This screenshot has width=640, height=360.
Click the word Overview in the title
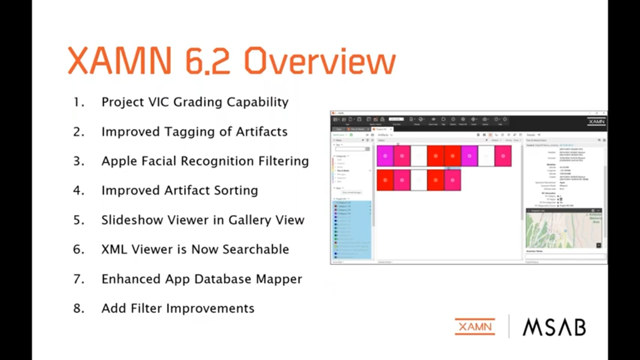pyautogui.click(x=320, y=61)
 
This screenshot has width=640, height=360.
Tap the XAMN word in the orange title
pyautogui.click(x=120, y=61)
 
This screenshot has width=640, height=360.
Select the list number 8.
pyautogui.click(x=78, y=308)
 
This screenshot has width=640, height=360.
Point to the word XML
pyautogui.click(x=114, y=249)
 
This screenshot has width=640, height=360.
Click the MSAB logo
pyautogui.click(x=554, y=327)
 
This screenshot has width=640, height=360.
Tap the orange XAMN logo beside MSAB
pyautogui.click(x=475, y=327)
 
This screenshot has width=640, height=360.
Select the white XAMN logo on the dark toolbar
pyautogui.click(x=596, y=121)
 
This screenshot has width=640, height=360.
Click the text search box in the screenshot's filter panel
pyautogui.click(x=350, y=149)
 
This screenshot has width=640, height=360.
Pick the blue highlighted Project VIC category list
pyautogui.click(x=352, y=230)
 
